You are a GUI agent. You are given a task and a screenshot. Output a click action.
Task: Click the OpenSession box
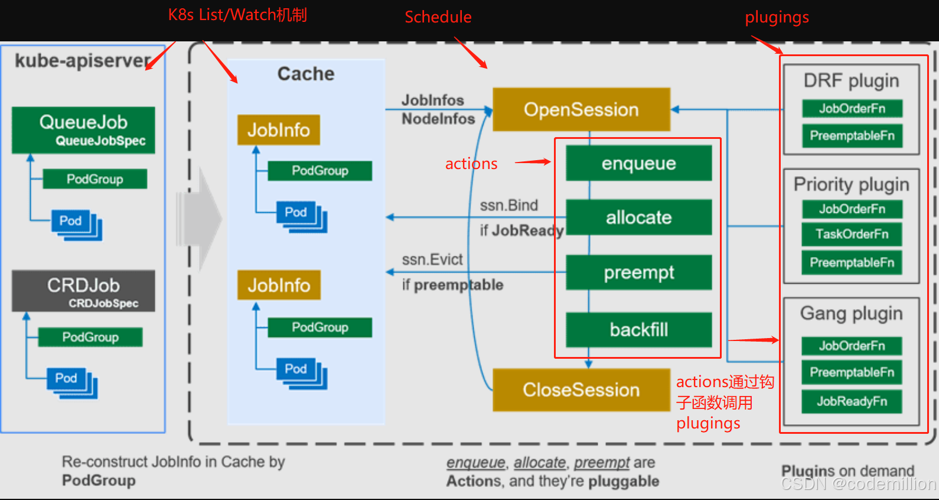(x=582, y=109)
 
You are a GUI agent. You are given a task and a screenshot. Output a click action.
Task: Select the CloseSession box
(x=582, y=389)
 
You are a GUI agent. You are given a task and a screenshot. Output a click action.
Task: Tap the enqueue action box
(x=639, y=163)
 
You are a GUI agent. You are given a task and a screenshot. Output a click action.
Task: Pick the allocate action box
(x=639, y=217)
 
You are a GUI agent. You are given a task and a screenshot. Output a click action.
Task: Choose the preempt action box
(x=639, y=272)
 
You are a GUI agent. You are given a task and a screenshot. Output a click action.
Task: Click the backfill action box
(x=639, y=330)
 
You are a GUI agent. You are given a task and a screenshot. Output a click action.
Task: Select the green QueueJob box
(x=83, y=130)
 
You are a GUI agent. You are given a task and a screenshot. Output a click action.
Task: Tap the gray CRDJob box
(x=83, y=291)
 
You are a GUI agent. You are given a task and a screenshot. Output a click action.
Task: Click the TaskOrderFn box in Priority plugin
(x=852, y=234)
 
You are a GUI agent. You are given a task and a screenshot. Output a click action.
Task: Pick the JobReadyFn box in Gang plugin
(x=852, y=401)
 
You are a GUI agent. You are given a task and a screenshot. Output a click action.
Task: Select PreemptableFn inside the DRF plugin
(x=852, y=135)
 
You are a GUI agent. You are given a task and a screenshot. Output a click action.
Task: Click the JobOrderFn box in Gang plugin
(x=852, y=346)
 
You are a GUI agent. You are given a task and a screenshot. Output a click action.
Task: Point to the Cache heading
(x=306, y=74)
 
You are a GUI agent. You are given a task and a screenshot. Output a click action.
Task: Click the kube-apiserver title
(x=83, y=61)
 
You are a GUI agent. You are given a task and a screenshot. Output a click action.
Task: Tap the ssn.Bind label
(x=508, y=205)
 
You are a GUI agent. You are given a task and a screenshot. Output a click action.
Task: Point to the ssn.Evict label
(x=432, y=259)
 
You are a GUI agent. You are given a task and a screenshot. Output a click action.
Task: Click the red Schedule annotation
(x=438, y=17)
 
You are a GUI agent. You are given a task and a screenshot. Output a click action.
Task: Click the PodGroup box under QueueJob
(x=95, y=179)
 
